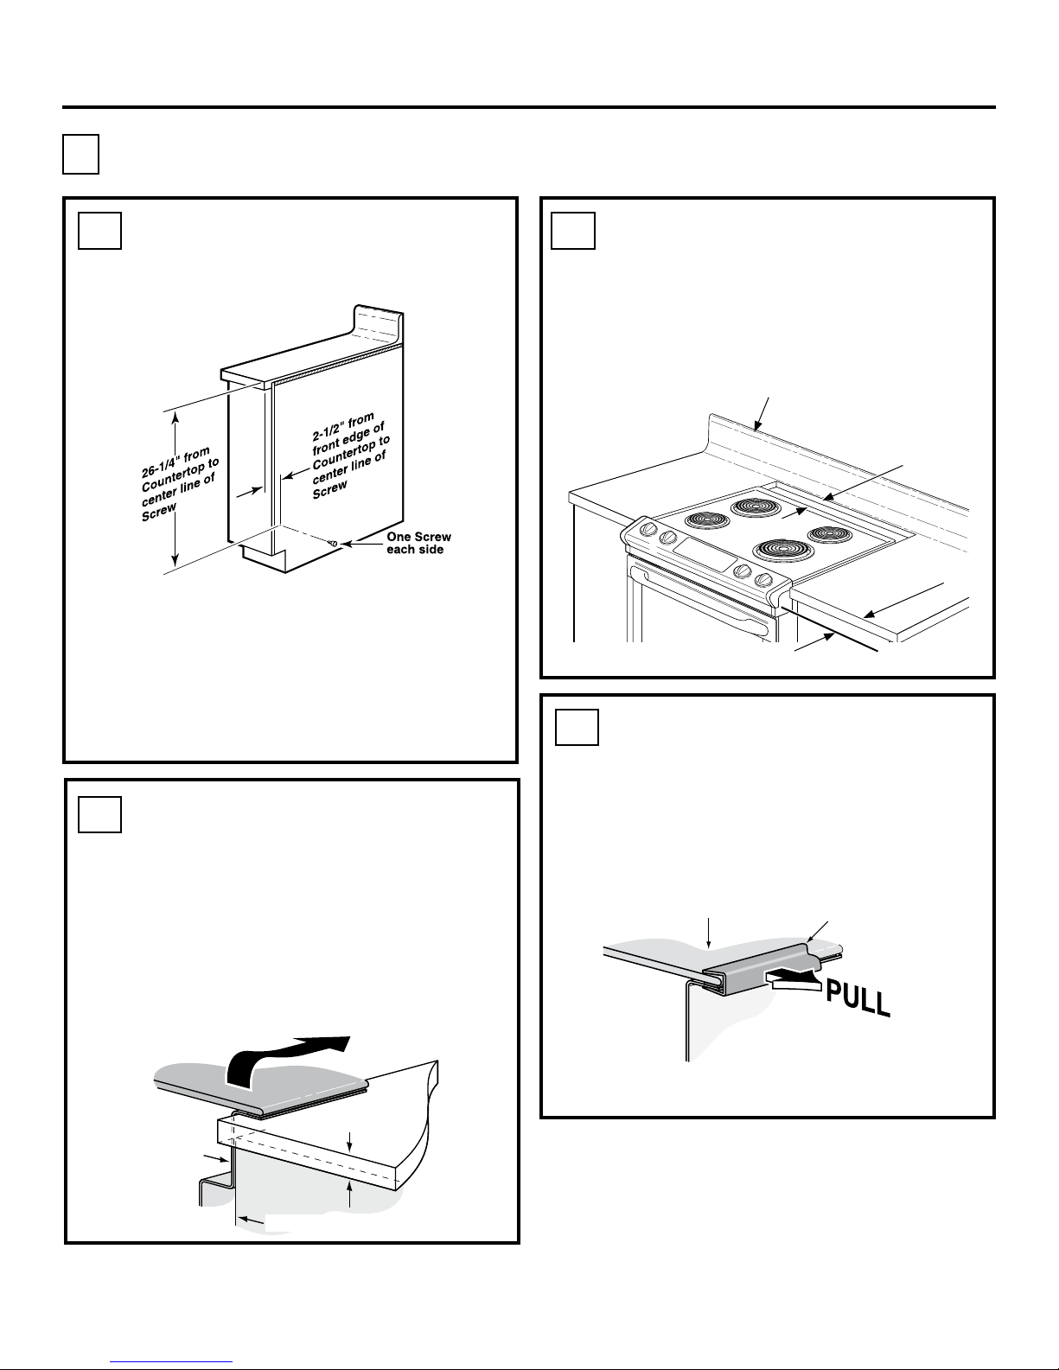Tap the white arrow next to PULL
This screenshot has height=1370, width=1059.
tap(794, 978)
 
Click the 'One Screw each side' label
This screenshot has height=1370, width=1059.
tap(418, 543)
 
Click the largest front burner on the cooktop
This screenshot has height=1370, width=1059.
tap(782, 550)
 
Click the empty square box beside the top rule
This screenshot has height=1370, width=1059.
tap(80, 154)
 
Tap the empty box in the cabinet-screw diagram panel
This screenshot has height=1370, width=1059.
tap(99, 228)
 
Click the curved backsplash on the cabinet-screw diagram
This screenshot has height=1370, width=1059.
tap(379, 322)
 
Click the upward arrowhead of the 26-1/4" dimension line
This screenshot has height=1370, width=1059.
tap(176, 417)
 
